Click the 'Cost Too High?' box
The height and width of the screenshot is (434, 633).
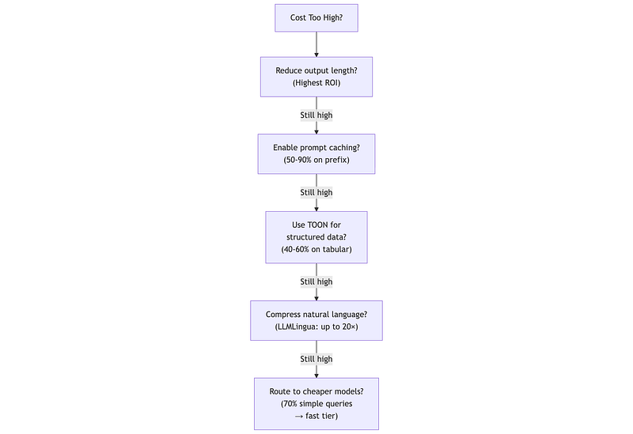click(316, 17)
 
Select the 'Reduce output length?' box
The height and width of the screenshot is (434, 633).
click(316, 77)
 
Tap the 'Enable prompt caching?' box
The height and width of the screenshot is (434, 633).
click(316, 153)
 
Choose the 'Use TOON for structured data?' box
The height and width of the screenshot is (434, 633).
click(316, 237)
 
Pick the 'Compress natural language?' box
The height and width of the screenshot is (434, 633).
click(316, 321)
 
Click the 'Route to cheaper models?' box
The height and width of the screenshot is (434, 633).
click(316, 404)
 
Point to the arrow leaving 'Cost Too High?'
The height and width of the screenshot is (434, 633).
click(316, 44)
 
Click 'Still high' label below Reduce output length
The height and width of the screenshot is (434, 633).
click(316, 115)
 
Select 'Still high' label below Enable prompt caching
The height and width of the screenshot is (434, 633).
click(316, 192)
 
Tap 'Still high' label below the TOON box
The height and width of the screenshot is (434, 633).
click(316, 282)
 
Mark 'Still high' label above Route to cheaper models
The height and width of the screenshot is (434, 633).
click(316, 359)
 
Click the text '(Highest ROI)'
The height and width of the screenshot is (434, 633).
click(316, 83)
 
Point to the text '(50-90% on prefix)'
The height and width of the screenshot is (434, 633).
click(316, 160)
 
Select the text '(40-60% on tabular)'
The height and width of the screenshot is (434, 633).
click(316, 250)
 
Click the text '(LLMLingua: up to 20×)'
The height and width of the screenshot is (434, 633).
click(316, 326)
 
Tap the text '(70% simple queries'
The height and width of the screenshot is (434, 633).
click(316, 404)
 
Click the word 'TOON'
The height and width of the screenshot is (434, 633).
click(318, 225)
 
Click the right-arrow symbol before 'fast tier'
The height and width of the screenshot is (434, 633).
click(299, 417)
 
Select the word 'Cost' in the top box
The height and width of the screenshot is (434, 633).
click(298, 17)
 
